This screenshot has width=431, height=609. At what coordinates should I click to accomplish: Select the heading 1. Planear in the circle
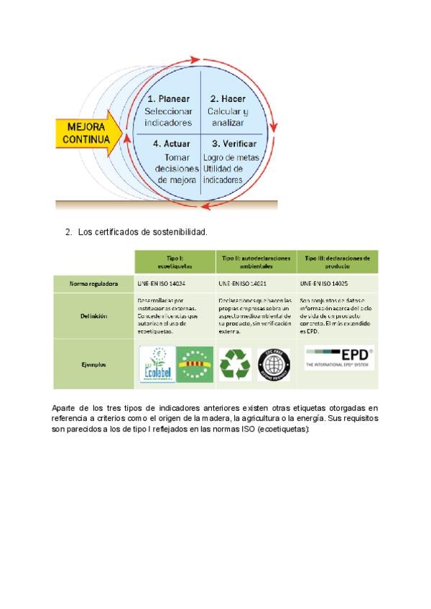[x=168, y=98]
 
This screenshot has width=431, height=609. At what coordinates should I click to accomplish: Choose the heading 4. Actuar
[x=172, y=144]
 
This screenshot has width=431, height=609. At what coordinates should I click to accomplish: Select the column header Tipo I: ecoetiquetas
[x=175, y=261]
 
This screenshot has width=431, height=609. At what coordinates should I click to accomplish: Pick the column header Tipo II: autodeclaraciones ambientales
[x=256, y=261]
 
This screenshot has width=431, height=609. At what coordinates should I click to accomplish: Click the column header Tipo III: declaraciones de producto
[x=337, y=261]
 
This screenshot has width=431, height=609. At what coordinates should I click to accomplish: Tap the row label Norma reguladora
[x=93, y=284]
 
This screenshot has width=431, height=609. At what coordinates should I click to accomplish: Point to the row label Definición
[x=93, y=315]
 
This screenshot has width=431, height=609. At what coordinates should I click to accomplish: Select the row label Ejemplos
[x=93, y=364]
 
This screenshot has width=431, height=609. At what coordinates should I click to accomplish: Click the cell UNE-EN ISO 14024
[x=162, y=284]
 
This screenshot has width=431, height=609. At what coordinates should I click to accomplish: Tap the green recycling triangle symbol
[x=234, y=364]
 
